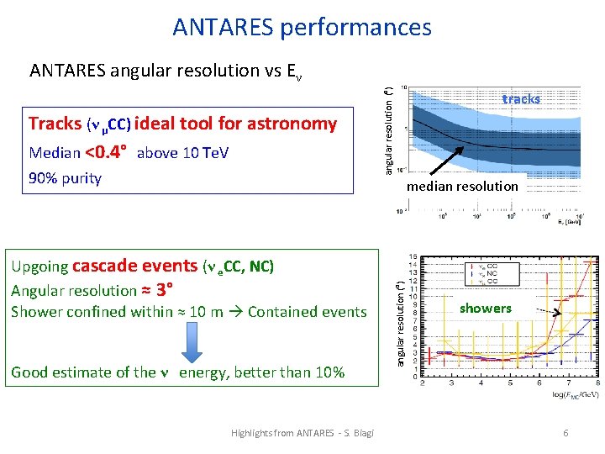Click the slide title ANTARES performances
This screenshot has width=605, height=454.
tap(302, 27)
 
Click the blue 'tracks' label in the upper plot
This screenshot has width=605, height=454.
tap(521, 99)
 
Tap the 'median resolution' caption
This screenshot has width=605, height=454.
tap(462, 186)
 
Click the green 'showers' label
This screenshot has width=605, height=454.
tap(485, 309)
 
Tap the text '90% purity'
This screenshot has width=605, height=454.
tap(65, 178)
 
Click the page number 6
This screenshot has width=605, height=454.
tap(566, 432)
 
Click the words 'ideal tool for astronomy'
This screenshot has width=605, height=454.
tap(235, 124)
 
